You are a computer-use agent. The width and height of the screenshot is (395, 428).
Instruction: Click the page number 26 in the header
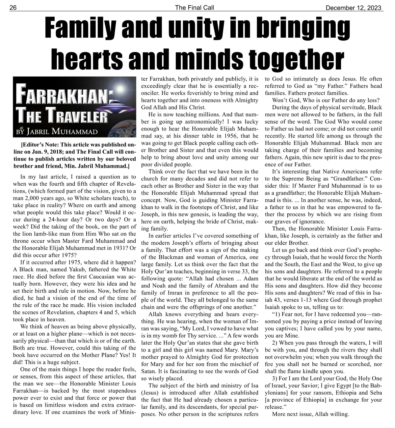pyautogui.click(x=13, y=8)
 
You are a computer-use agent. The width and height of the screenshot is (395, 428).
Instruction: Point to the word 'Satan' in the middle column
pyautogui.click(x=148, y=371)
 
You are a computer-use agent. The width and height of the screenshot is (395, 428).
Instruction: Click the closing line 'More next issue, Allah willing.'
pyautogui.click(x=310, y=414)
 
